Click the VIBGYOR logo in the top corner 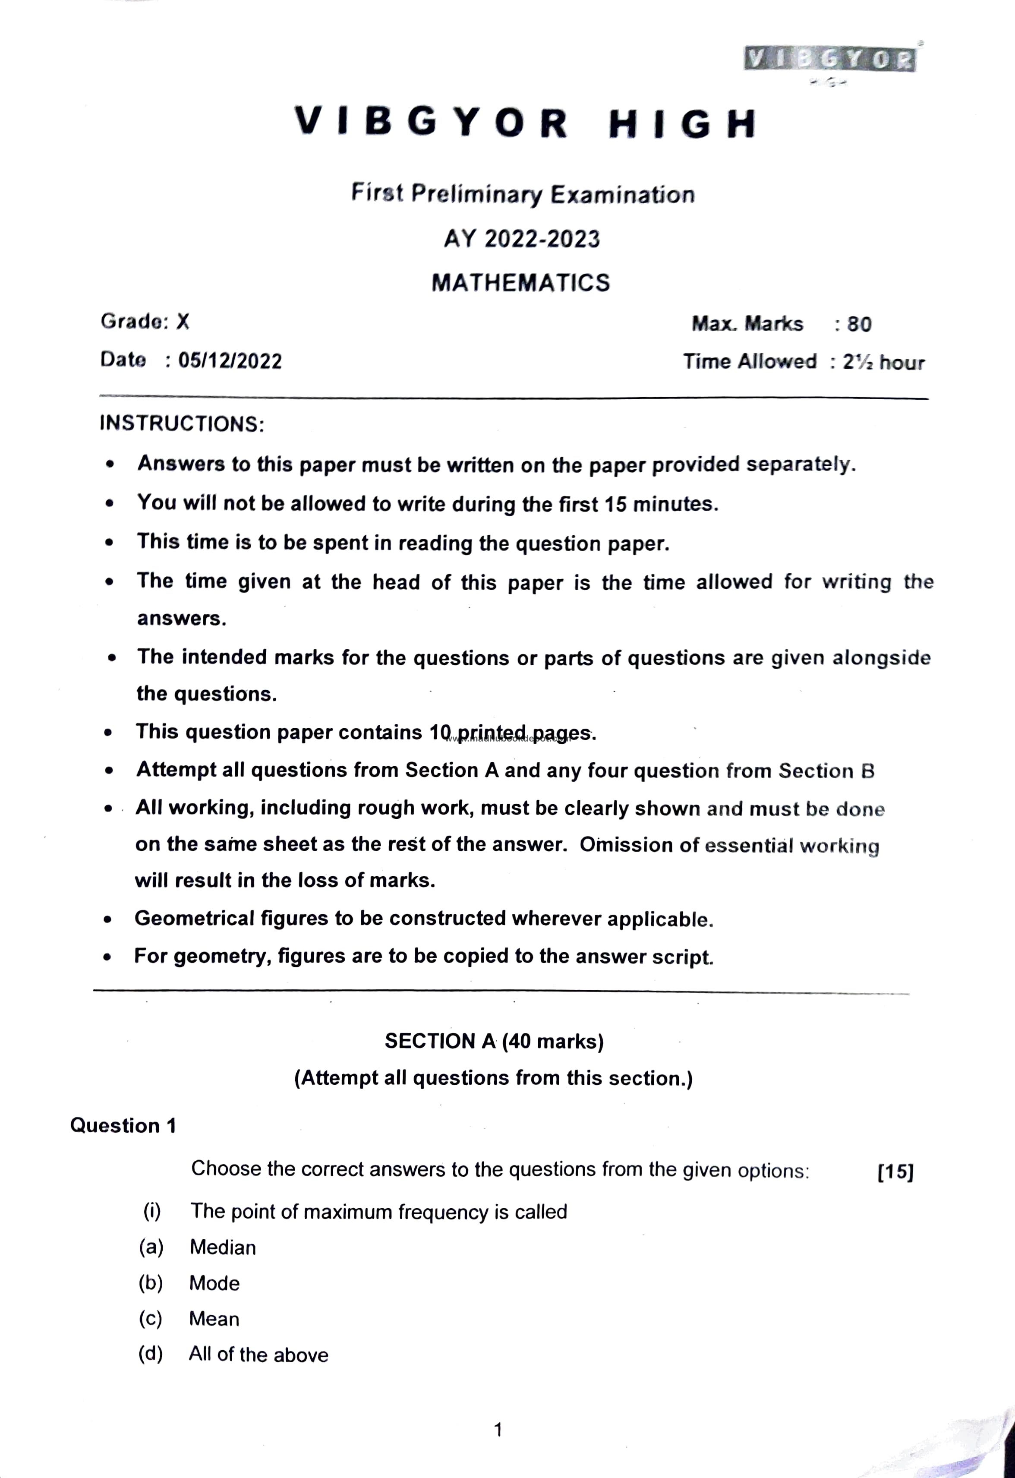click(829, 59)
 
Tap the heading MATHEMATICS click(520, 282)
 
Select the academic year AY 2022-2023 click(521, 239)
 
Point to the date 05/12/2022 click(230, 360)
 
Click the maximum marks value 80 click(859, 324)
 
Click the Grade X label click(145, 321)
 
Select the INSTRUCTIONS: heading click(182, 423)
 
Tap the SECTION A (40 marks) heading click(494, 1041)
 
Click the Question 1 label click(123, 1126)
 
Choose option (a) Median click(223, 1248)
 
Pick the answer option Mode click(214, 1283)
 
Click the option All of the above click(258, 1355)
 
